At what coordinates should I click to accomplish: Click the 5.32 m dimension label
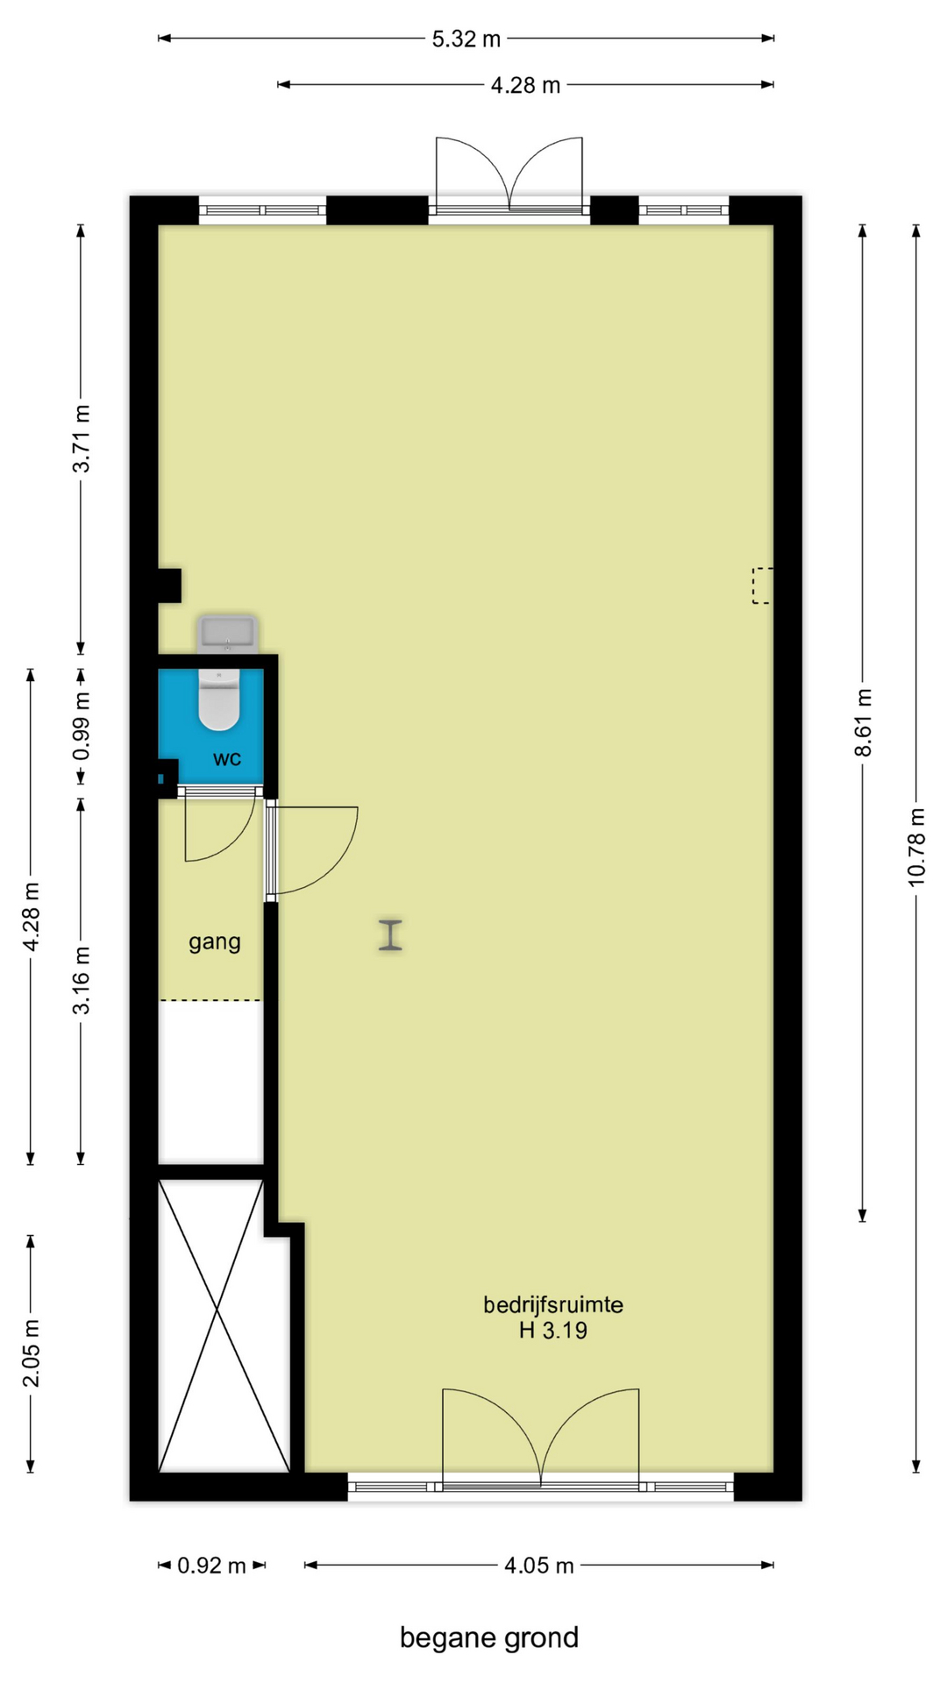point(466,39)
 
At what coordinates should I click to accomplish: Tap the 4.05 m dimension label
point(538,1566)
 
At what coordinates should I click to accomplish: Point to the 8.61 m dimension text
point(864,722)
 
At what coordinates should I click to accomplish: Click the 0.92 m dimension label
point(211,1566)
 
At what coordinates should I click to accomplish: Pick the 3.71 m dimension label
point(81,438)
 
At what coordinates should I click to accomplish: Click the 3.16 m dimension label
point(81,980)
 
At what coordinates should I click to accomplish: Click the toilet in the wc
point(218,699)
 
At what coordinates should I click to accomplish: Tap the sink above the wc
point(228,634)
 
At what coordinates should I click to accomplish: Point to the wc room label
point(227,758)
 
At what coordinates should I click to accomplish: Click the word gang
point(215,942)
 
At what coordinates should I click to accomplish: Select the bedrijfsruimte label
point(553,1304)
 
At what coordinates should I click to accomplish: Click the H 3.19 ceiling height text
point(553,1331)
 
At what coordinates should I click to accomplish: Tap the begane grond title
point(489,1637)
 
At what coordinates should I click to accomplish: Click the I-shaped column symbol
point(390,934)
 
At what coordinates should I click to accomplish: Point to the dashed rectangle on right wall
point(762,586)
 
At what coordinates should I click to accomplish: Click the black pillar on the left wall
point(169,586)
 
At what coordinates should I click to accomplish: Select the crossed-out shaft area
point(224,1325)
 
